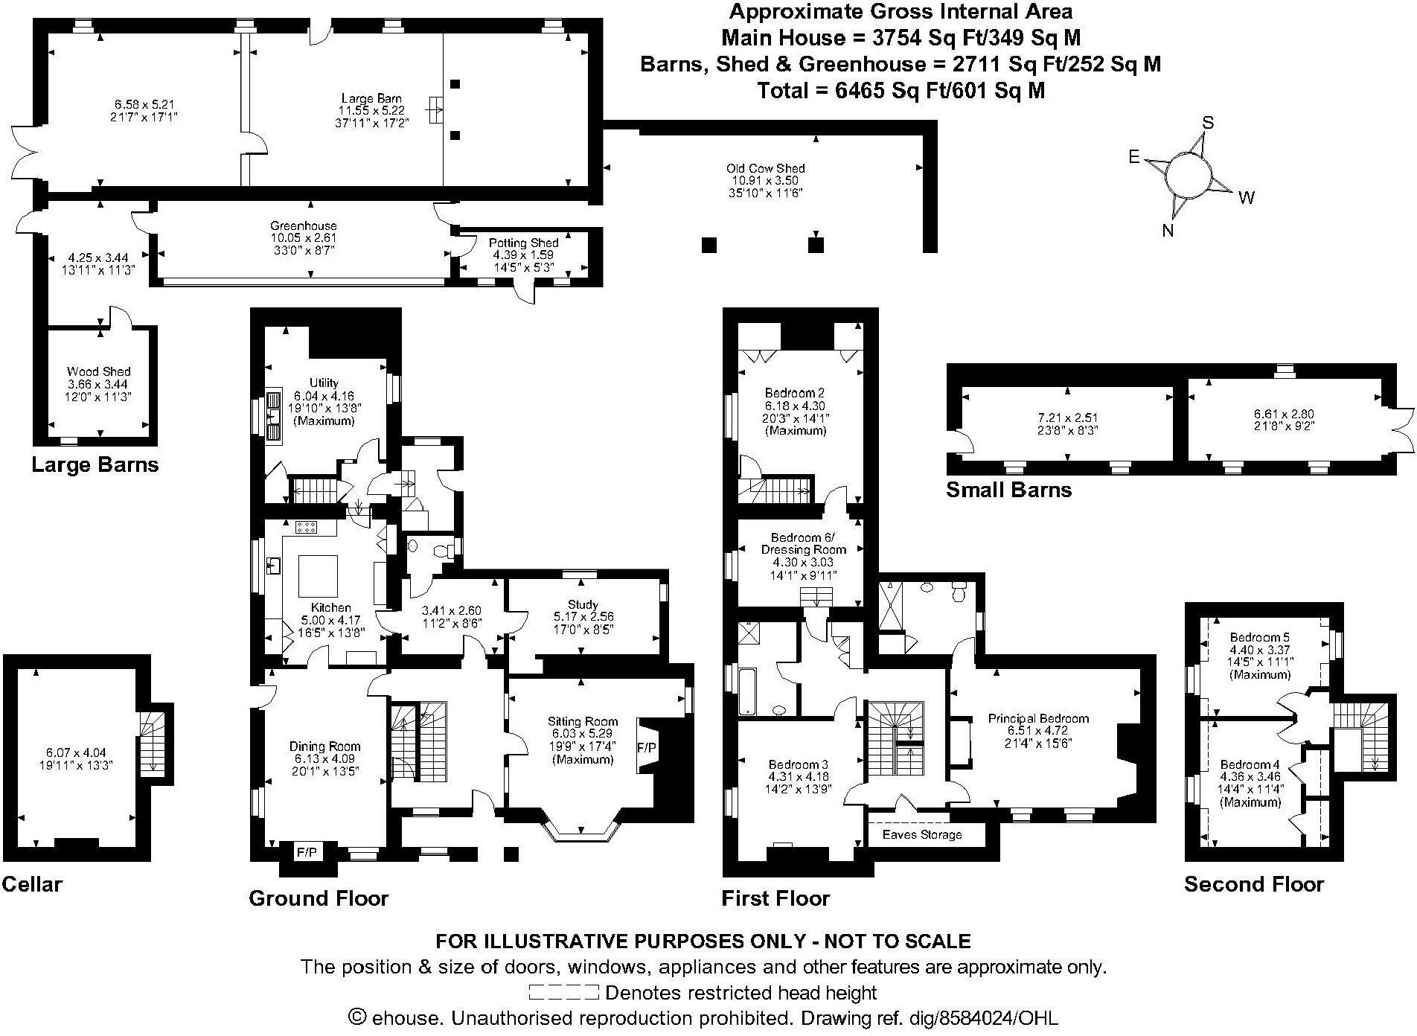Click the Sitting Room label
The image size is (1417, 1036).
[x=583, y=721]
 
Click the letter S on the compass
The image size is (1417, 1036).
[x=1209, y=123]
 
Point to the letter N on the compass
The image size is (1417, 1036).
[x=1168, y=231]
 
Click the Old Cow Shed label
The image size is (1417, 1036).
[x=766, y=168]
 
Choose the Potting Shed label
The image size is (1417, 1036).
[x=523, y=243]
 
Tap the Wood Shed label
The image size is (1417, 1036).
[x=99, y=371]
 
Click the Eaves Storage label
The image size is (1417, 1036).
[x=922, y=834]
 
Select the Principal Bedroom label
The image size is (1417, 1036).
[x=1038, y=718]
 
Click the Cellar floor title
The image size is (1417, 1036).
[x=32, y=884]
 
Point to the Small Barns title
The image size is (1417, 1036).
[x=1008, y=490]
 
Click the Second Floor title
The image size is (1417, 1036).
[x=1254, y=884]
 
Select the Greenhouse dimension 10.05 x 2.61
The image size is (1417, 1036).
[x=303, y=238]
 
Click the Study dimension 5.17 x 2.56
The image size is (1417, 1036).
[x=583, y=617]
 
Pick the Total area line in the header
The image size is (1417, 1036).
[x=901, y=91]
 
